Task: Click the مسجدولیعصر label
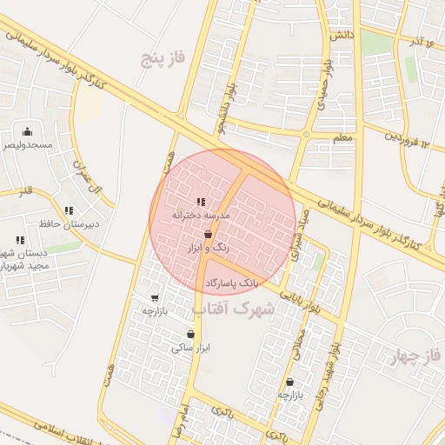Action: pyautogui.click(x=29, y=144)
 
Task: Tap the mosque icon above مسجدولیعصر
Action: pyautogui.click(x=28, y=132)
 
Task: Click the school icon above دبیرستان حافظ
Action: pyautogui.click(x=69, y=210)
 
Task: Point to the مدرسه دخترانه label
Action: pyautogui.click(x=201, y=214)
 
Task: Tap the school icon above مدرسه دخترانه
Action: pyautogui.click(x=202, y=202)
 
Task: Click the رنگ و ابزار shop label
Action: pyautogui.click(x=209, y=248)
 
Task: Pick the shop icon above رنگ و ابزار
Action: pyautogui.click(x=208, y=235)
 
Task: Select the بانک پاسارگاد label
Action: pyautogui.click(x=232, y=283)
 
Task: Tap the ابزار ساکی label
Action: pyautogui.click(x=191, y=348)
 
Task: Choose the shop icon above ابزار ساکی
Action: pyautogui.click(x=190, y=335)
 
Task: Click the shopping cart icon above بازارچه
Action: pyautogui.click(x=155, y=297)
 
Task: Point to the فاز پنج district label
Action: pyautogui.click(x=166, y=59)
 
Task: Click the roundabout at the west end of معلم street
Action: pyautogui.click(x=306, y=135)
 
